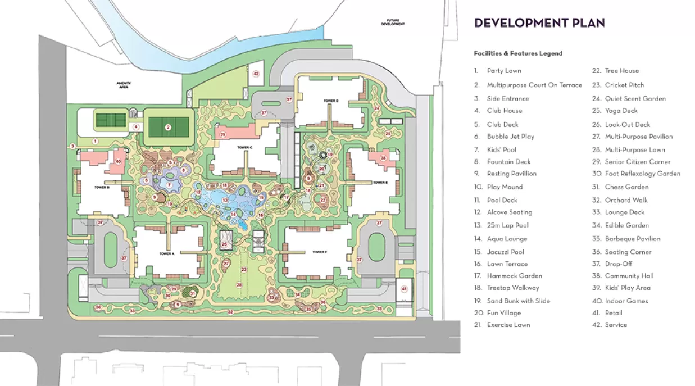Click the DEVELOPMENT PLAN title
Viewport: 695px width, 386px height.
[x=539, y=23]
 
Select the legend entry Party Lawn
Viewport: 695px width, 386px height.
[x=503, y=71]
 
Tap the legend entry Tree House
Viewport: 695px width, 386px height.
[x=621, y=71]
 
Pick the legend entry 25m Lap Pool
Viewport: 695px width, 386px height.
[x=507, y=225]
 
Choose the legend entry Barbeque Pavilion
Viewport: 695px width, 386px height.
[x=632, y=239]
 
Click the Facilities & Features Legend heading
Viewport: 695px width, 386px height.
[x=518, y=53]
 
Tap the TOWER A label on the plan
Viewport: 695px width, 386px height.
[x=166, y=254]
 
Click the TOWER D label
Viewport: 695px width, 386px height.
[x=331, y=101]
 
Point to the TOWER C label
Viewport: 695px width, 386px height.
[x=245, y=147]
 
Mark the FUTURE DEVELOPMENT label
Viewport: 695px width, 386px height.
[x=393, y=23]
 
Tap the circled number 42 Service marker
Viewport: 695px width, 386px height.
[x=256, y=74]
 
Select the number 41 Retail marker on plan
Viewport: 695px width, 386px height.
[x=404, y=289]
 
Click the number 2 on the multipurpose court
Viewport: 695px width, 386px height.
[x=167, y=128]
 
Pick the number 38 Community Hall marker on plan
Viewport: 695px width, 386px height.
[x=383, y=158]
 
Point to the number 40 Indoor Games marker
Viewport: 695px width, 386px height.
[x=118, y=161]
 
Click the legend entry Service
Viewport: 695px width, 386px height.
[x=616, y=325]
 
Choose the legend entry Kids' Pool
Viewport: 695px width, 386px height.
[x=501, y=150]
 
